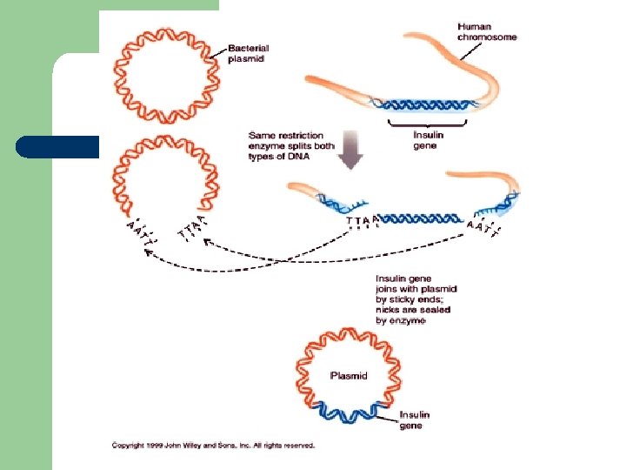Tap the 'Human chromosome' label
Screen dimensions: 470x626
[487, 32]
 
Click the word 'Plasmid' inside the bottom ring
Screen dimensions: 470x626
[349, 376]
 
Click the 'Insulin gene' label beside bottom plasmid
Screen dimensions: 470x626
[415, 420]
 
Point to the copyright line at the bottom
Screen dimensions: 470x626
[213, 445]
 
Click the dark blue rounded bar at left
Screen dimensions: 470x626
[57, 147]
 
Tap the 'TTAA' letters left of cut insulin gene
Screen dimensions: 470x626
[363, 220]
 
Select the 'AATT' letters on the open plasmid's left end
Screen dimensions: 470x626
[137, 231]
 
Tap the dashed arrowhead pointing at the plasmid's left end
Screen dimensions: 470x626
[149, 254]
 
